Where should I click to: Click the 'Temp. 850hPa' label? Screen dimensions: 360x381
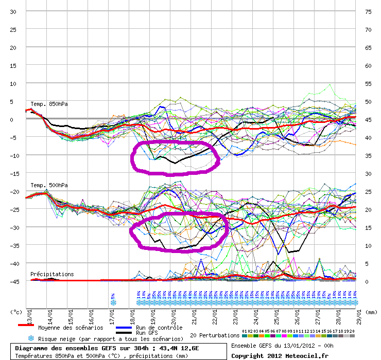[x=49, y=104]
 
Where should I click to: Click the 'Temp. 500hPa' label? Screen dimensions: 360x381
[x=49, y=185]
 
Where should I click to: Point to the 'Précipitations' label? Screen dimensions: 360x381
[x=51, y=274]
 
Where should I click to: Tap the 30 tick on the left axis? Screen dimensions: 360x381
[x=14, y=12]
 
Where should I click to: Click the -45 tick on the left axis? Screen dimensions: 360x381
[x=14, y=281]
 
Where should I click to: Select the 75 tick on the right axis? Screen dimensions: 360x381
[x=368, y=12]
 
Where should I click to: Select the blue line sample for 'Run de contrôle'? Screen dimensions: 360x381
[x=124, y=328]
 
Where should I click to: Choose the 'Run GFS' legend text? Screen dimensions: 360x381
[x=147, y=333]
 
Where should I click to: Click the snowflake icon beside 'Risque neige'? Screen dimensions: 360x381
[x=31, y=338]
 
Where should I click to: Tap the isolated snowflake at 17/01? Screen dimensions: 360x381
[x=113, y=302]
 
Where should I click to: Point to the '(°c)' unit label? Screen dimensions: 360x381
[x=16, y=312]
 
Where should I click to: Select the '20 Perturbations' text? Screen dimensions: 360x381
[x=214, y=335]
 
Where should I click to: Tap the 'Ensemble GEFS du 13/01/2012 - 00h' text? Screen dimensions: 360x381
[x=282, y=346]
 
